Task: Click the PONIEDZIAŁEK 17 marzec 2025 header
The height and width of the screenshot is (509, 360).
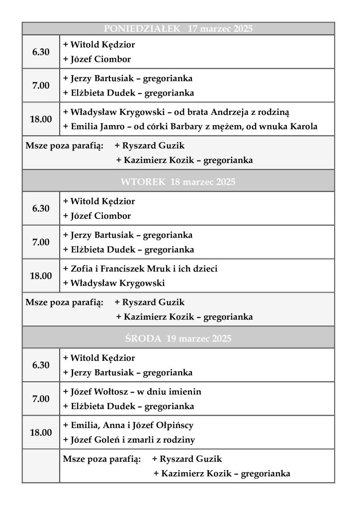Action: (x=178, y=29)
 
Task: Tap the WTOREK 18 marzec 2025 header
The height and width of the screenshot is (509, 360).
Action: (x=178, y=182)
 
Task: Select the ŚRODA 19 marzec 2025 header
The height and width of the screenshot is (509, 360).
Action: (x=178, y=339)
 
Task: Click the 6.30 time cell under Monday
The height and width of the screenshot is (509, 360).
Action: (x=41, y=52)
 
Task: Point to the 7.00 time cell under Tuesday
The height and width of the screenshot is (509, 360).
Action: (x=41, y=242)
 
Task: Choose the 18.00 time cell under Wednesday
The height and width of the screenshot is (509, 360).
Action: (x=41, y=432)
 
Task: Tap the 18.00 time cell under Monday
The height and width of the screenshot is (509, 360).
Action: (x=41, y=119)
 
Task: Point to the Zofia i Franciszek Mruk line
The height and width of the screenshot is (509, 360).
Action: (x=140, y=268)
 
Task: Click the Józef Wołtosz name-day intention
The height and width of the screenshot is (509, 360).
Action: (x=132, y=392)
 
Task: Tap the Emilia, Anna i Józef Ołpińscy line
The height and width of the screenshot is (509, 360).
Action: (x=128, y=425)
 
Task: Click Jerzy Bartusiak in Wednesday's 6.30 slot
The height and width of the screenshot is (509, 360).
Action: (x=128, y=372)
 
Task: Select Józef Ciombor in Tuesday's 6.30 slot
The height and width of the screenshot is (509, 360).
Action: (x=97, y=216)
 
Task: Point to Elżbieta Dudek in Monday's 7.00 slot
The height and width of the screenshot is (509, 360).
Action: (x=128, y=93)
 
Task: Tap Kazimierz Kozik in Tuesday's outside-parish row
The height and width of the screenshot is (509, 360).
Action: (x=184, y=317)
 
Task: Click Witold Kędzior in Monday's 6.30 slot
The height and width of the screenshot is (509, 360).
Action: (x=99, y=45)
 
